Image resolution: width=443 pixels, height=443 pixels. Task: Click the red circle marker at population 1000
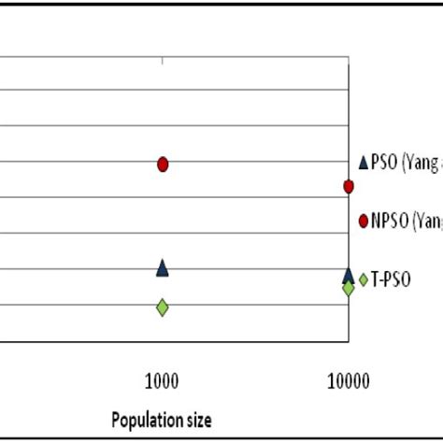[x=163, y=164]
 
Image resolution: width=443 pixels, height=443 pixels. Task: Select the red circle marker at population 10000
[x=349, y=187]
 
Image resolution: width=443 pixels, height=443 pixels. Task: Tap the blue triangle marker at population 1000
[x=163, y=268]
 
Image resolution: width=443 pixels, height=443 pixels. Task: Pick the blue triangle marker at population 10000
[x=349, y=275]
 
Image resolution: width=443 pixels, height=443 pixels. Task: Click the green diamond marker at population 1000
[x=163, y=307]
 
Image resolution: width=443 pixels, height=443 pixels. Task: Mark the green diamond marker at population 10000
[x=349, y=288]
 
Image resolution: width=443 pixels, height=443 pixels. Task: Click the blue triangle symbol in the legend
[x=364, y=162]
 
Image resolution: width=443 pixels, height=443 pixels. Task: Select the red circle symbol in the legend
[x=364, y=221]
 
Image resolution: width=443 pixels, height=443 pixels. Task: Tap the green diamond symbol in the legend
[x=364, y=278]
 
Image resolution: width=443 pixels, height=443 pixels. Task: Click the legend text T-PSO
[x=393, y=279]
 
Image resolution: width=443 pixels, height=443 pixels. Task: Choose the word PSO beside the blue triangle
[x=384, y=163]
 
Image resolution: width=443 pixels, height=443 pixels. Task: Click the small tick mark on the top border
[x=163, y=61]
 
